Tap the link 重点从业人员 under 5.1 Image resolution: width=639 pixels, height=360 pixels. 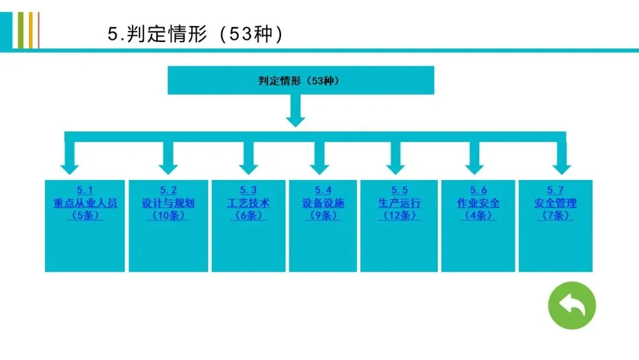tap(85, 203)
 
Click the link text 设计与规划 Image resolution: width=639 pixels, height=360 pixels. tap(168, 203)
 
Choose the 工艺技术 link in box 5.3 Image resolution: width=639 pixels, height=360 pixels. tap(248, 203)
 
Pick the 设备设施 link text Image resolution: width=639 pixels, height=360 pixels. tap(323, 203)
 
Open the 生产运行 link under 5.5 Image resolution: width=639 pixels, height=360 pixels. tap(399, 203)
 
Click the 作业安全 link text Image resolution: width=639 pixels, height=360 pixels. tap(478, 203)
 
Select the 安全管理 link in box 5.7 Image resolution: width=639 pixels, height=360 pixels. tap(555, 203)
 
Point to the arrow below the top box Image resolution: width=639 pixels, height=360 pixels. tap(295, 110)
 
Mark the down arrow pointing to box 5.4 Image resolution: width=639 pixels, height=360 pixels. tap(320, 157)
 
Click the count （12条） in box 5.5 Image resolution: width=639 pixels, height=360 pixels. tap(399, 216)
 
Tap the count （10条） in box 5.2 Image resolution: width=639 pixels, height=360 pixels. tap(168, 216)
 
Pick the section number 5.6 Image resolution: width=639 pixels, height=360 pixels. tap(478, 190)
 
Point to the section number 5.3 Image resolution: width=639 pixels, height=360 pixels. tap(248, 190)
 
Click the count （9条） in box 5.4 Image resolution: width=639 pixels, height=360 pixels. tap(323, 216)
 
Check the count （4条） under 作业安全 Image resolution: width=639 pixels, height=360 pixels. tap(478, 216)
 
